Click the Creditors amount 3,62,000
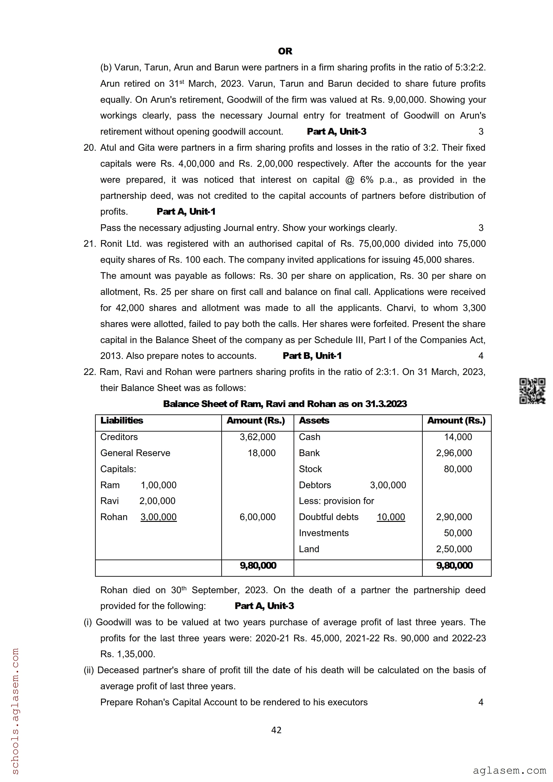pos(258,437)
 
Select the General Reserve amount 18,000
pos(261,453)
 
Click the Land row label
pos(309,549)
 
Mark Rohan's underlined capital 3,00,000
pos(158,517)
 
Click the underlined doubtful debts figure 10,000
pos(391,517)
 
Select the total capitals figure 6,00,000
pos(258,517)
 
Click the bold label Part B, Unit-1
pos(312,356)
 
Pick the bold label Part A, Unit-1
pos(186,212)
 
